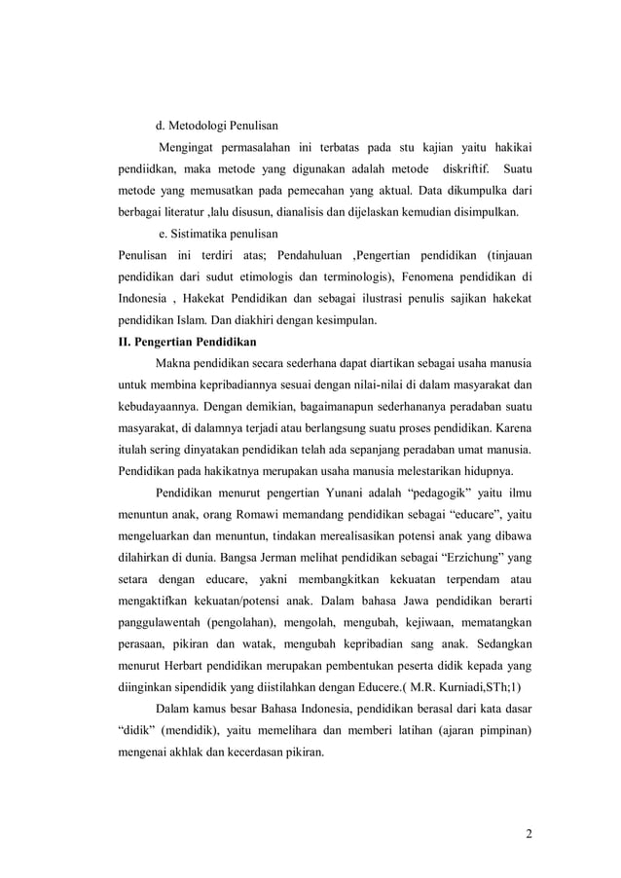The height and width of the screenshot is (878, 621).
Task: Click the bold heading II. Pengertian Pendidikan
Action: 185,342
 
